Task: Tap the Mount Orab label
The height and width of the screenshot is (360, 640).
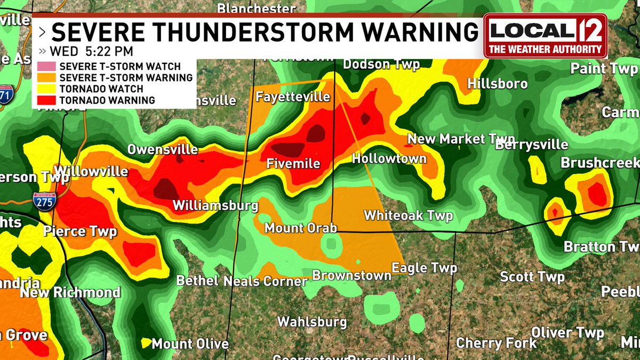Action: [x=301, y=228]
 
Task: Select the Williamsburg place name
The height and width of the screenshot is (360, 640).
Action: [x=215, y=206]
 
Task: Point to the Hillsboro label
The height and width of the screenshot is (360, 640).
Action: [x=498, y=84]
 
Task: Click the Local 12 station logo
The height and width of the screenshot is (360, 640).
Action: [x=545, y=36]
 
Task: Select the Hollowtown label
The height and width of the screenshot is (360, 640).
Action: [x=389, y=158]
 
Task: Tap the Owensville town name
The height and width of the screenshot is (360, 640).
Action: [x=162, y=150]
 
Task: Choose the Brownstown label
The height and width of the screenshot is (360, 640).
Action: [x=351, y=276]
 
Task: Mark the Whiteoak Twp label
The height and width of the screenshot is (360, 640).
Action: [x=408, y=215]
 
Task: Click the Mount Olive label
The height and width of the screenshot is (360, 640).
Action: [x=190, y=344]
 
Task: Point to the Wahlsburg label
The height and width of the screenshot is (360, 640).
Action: [x=312, y=322]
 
